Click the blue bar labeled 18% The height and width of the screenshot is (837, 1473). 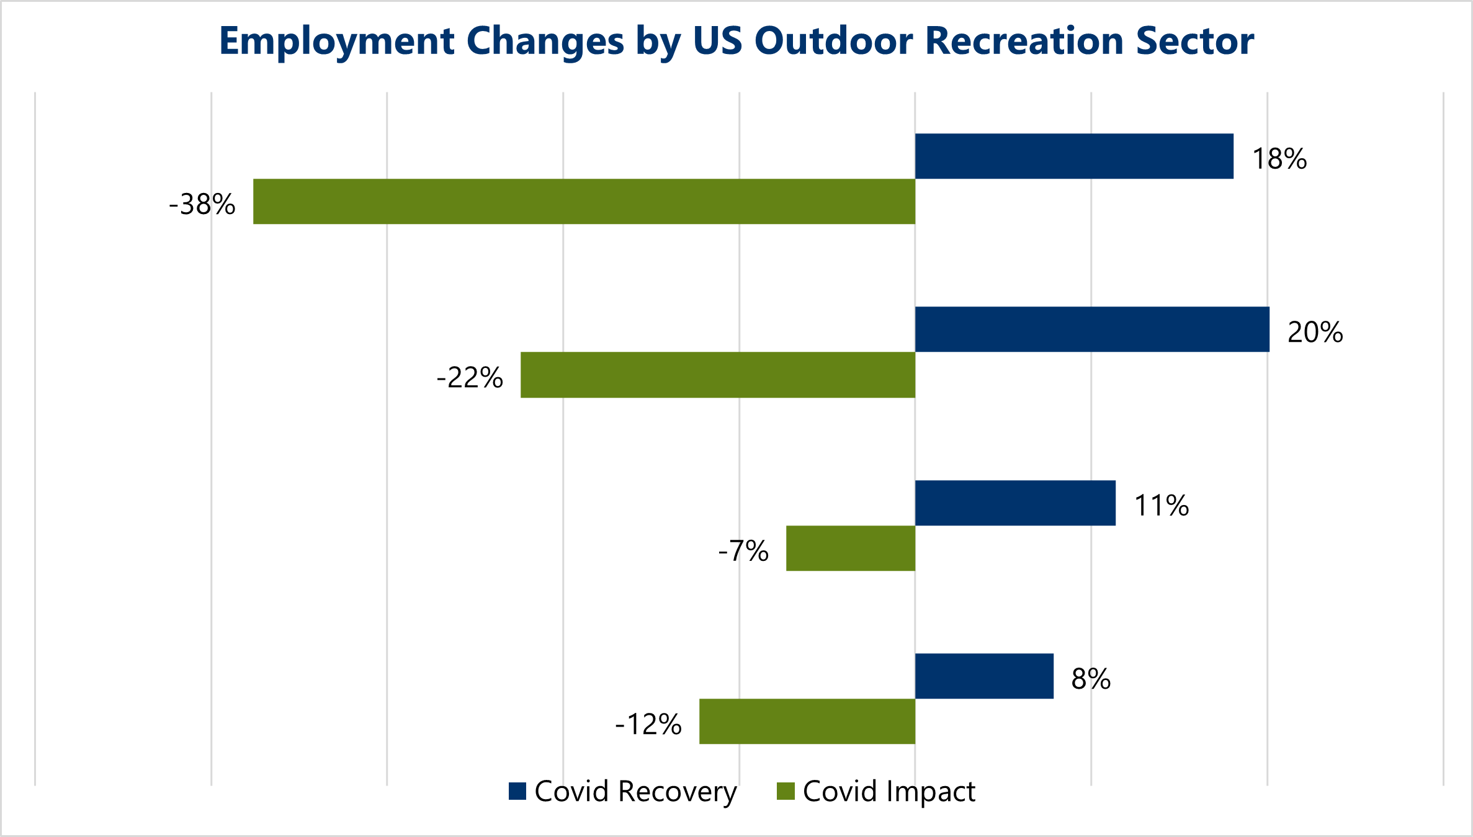pyautogui.click(x=1074, y=156)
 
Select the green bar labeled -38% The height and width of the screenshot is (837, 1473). pyautogui.click(x=584, y=202)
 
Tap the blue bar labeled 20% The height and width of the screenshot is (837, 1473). pyautogui.click(x=1092, y=329)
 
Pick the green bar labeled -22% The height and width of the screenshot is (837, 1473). pyautogui.click(x=718, y=375)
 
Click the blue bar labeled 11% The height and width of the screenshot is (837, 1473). pyautogui.click(x=1015, y=503)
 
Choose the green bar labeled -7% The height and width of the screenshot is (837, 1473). pyautogui.click(x=851, y=548)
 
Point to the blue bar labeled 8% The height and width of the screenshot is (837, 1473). pyautogui.click(x=984, y=676)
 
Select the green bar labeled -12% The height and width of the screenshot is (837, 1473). pyautogui.click(x=807, y=722)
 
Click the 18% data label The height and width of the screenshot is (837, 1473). pyautogui.click(x=1279, y=159)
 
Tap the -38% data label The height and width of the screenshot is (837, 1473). pyautogui.click(x=202, y=204)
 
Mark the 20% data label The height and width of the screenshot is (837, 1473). pyautogui.click(x=1315, y=332)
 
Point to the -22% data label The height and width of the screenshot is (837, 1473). pyautogui.click(x=470, y=377)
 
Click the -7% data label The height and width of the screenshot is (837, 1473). pyautogui.click(x=743, y=550)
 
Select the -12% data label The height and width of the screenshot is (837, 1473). pyautogui.click(x=648, y=724)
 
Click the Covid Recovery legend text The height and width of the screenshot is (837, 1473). pyautogui.click(x=635, y=792)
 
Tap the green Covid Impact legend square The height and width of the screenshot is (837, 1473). pyautogui.click(x=786, y=791)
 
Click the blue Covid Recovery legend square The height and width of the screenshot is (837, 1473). pyautogui.click(x=517, y=791)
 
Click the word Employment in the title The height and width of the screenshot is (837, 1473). pyautogui.click(x=337, y=42)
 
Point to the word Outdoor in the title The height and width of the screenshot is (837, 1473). pyautogui.click(x=834, y=42)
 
